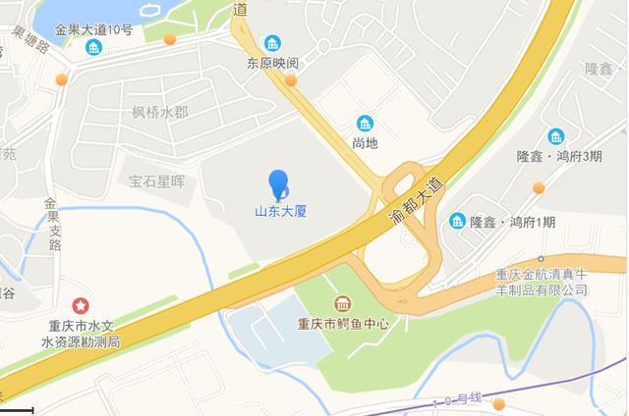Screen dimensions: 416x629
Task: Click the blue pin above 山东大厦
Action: [279, 182]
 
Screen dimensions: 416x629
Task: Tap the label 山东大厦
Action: [280, 211]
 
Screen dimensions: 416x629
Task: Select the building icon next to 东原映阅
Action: [272, 43]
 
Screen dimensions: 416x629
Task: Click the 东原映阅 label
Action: [272, 64]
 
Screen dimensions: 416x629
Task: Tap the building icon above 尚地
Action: [366, 124]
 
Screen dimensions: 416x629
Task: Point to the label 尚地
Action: [366, 143]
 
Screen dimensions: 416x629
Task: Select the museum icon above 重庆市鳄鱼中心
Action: [343, 303]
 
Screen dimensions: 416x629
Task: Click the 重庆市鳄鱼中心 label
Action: [344, 323]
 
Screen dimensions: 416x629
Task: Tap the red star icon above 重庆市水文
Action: [81, 308]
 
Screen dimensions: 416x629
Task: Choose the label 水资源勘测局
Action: [81, 341]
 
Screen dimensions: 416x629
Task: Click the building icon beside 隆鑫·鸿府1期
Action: [457, 222]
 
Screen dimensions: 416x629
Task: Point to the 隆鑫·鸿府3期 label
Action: [559, 157]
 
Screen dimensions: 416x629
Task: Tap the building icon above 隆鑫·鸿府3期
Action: [556, 136]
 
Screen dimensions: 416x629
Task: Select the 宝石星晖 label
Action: [157, 182]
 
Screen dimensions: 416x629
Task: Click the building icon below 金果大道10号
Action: [94, 47]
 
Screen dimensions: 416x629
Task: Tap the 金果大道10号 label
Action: [94, 29]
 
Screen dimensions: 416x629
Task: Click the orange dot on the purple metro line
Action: [499, 404]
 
